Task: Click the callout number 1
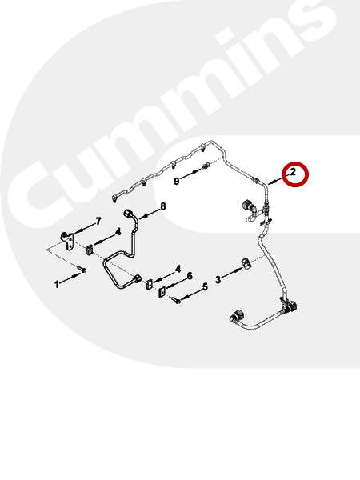57,284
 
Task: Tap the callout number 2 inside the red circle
293,172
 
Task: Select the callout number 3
218,279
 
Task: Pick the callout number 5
205,287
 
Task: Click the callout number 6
190,276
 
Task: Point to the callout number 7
98,221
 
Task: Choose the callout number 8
163,206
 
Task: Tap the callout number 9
176,182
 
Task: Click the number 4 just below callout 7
118,232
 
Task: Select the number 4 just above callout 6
178,270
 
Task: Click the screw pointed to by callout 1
83,270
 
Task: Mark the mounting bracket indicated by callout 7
67,241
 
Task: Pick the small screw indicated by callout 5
177,300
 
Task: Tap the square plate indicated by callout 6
162,292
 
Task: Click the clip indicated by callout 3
246,264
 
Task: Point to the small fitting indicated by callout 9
205,166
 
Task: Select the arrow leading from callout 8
149,214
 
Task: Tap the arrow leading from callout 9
190,174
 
